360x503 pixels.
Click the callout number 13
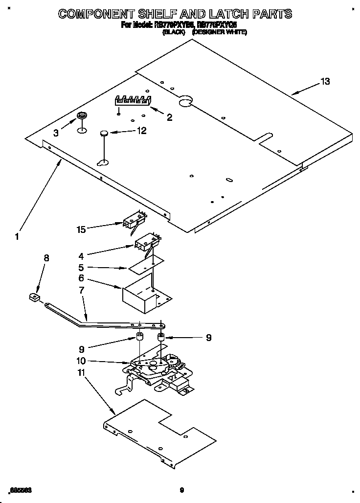point(325,82)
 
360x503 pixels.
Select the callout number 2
point(169,117)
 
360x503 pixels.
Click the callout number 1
point(17,236)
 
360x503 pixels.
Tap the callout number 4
point(81,255)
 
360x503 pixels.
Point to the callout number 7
point(81,290)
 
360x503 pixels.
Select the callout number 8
point(46,258)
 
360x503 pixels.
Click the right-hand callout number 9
point(209,337)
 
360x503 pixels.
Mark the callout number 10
point(81,361)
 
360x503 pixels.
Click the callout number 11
point(81,373)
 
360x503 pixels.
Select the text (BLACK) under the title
point(174,32)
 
